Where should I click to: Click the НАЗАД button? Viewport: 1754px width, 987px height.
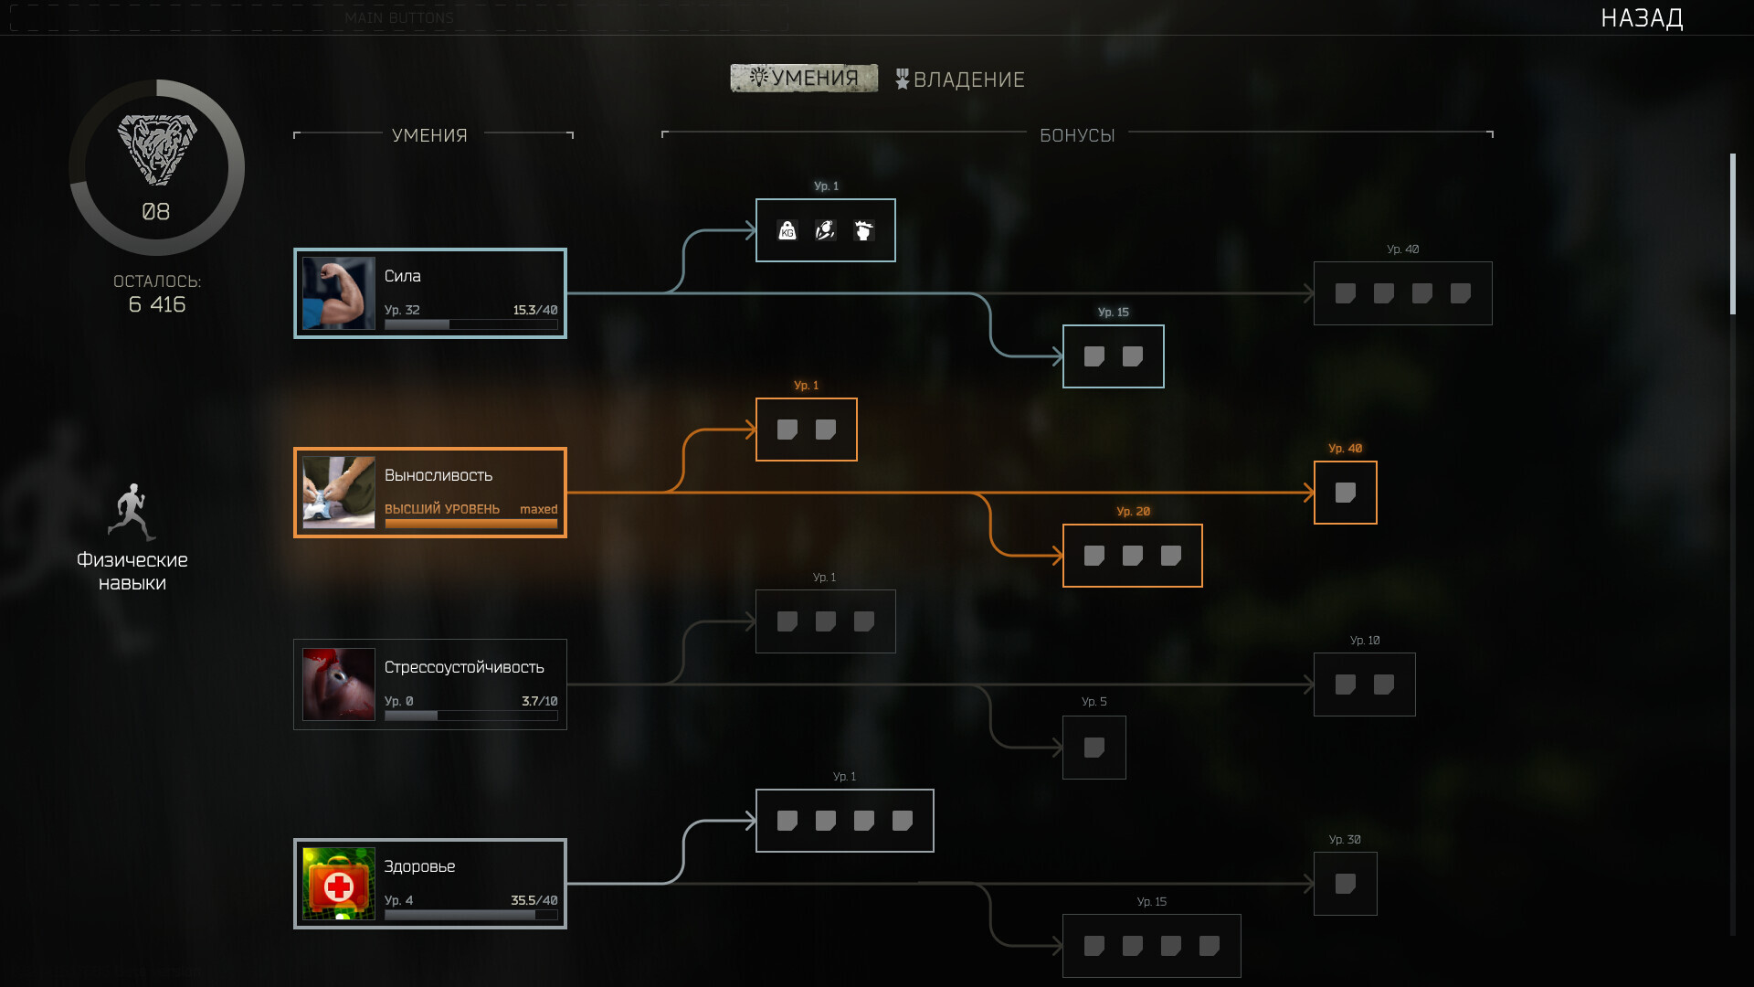[x=1642, y=18]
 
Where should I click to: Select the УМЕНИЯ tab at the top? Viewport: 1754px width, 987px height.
[x=804, y=79]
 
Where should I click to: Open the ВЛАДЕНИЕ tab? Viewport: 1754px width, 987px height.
[x=960, y=80]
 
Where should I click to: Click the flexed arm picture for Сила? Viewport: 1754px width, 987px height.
[x=339, y=293]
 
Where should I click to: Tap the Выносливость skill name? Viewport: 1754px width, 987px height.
[x=438, y=475]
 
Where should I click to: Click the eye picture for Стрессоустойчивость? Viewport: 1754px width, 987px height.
[x=339, y=685]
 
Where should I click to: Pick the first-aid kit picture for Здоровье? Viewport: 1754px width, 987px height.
[x=339, y=884]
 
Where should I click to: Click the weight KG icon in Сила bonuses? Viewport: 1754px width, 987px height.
[x=787, y=230]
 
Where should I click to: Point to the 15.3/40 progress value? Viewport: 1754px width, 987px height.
[x=535, y=310]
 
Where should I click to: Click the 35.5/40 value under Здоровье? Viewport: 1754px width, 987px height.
[x=534, y=900]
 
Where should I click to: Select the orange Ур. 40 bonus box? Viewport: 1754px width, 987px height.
[x=1345, y=493]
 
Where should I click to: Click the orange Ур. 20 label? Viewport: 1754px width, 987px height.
[x=1133, y=512]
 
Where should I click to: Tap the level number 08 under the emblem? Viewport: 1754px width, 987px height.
[x=156, y=212]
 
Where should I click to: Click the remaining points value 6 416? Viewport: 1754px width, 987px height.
[x=157, y=304]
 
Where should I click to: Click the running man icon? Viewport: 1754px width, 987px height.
[x=132, y=512]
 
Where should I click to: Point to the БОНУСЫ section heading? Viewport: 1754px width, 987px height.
[x=1077, y=135]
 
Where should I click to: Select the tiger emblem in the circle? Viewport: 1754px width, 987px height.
[x=156, y=150]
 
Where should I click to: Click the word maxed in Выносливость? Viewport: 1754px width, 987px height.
[x=538, y=509]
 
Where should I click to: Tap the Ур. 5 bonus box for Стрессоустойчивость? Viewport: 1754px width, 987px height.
[x=1094, y=748]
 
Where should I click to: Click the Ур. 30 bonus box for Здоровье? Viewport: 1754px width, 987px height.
[x=1345, y=884]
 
